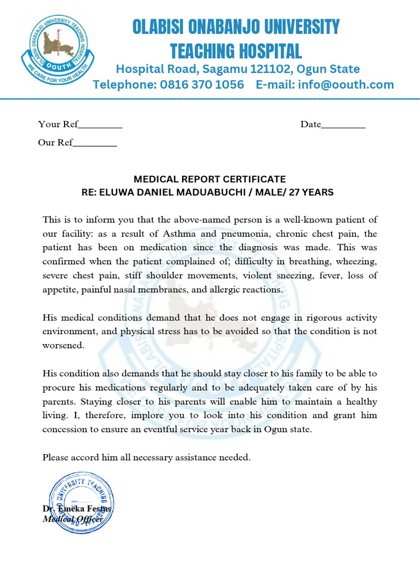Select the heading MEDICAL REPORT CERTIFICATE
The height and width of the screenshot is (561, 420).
(209, 179)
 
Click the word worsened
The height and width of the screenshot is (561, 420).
(63, 346)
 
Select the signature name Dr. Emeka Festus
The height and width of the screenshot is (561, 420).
(77, 508)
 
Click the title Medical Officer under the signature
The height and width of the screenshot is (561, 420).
(73, 519)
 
